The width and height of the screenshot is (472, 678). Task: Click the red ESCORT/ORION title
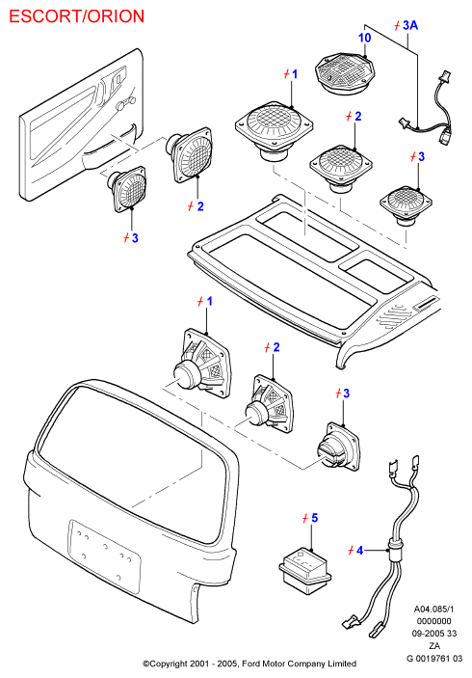[x=76, y=16]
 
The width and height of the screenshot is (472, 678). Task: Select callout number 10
[x=364, y=38]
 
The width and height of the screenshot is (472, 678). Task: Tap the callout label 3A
[x=410, y=25]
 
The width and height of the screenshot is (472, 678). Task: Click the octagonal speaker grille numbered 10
[x=344, y=74]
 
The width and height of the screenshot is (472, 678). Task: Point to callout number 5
[x=314, y=518]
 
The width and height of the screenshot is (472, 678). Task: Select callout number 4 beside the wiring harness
[x=359, y=551]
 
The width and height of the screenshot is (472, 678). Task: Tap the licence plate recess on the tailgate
[x=104, y=556]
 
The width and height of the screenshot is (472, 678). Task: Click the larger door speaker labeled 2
[x=189, y=153]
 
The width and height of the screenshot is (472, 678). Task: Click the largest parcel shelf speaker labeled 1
[x=274, y=129]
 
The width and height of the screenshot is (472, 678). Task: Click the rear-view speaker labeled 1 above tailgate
[x=201, y=363]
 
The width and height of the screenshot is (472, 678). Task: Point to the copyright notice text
[x=249, y=664]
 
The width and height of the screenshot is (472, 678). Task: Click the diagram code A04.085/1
[x=434, y=610]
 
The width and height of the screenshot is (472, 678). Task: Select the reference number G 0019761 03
[x=434, y=659]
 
